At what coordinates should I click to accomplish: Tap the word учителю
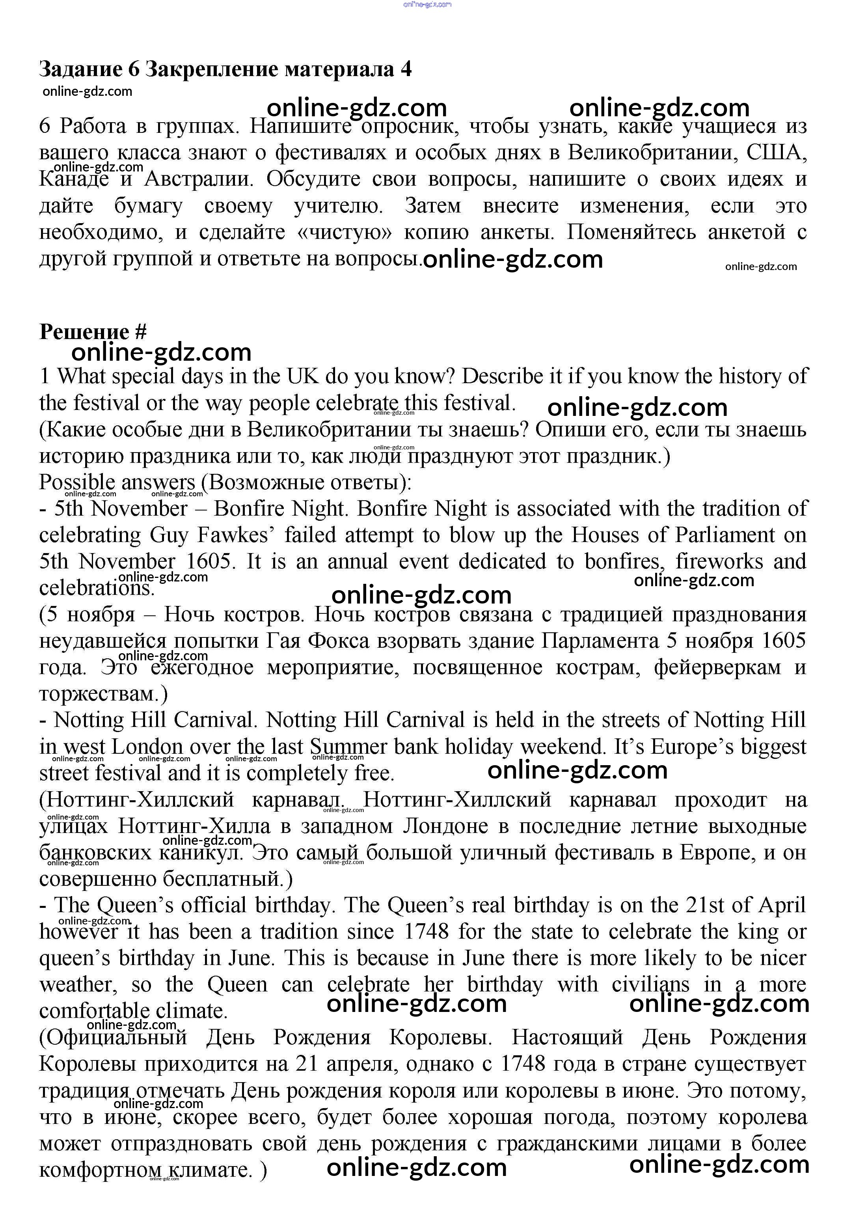tap(338, 205)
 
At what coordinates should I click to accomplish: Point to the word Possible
tap(77, 482)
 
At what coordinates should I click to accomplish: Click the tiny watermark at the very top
tap(427, 4)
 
